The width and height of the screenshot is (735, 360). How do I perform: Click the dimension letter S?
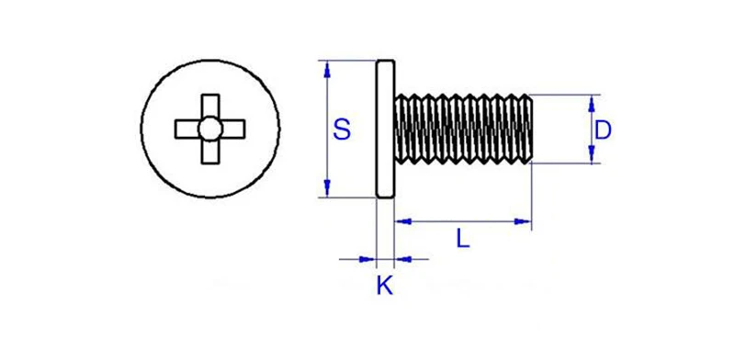pos(342,129)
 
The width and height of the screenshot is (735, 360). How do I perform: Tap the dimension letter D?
pos(603,130)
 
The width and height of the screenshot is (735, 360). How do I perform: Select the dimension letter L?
pos(463,240)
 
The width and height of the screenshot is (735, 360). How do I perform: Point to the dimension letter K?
pos(385,286)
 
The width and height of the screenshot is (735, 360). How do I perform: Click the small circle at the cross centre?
pos(210,129)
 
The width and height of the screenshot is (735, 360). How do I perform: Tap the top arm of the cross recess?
pos(210,106)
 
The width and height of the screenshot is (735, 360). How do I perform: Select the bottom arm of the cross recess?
pos(210,152)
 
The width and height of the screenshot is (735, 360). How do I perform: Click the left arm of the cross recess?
pos(187,129)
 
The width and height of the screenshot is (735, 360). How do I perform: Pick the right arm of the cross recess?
pos(233,129)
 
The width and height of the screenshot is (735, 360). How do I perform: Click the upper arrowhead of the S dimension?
pos(327,69)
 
